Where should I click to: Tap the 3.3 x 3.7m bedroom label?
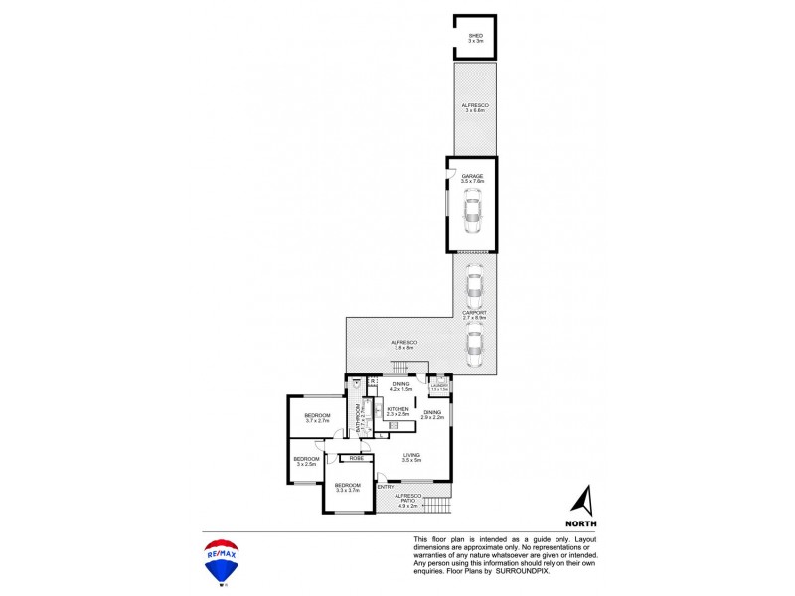tap(346, 487)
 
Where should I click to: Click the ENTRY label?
tap(385, 487)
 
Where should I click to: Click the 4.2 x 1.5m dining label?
tap(400, 386)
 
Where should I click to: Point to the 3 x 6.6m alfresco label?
tap(474, 107)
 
